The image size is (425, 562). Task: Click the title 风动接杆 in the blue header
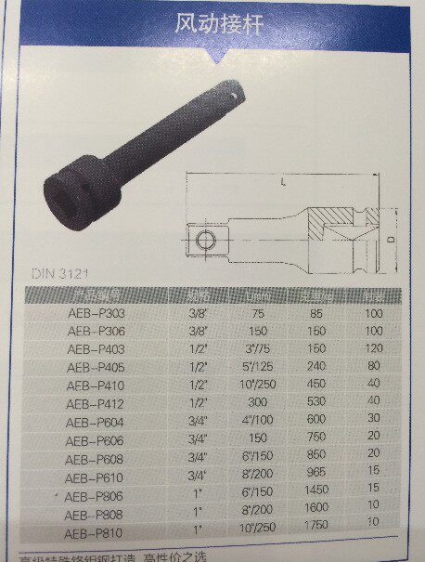tap(219, 25)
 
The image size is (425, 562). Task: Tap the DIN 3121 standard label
tap(59, 274)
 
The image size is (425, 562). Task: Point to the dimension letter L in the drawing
tap(282, 185)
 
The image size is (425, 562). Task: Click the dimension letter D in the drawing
tap(391, 241)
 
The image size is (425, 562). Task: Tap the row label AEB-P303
tap(97, 314)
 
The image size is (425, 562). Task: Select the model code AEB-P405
tap(97, 367)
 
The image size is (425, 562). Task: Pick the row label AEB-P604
tap(96, 419)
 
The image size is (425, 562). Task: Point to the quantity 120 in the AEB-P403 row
tap(373, 349)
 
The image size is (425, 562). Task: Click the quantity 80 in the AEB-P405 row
tap(373, 367)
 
